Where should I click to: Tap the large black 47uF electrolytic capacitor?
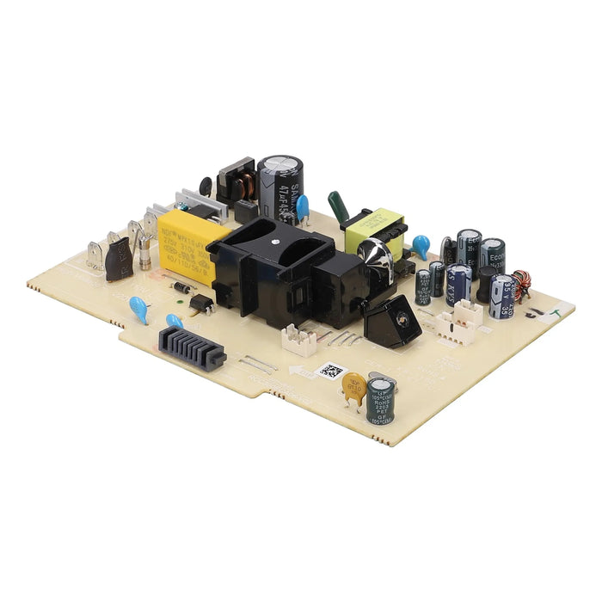[x=280, y=184]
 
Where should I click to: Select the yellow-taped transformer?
[x=372, y=230]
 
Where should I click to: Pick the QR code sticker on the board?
[x=329, y=371]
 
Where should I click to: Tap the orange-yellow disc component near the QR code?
[x=353, y=386]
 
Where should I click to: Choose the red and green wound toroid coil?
[x=521, y=286]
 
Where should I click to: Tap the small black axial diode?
[x=183, y=286]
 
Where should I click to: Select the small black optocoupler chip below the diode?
[x=200, y=304]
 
